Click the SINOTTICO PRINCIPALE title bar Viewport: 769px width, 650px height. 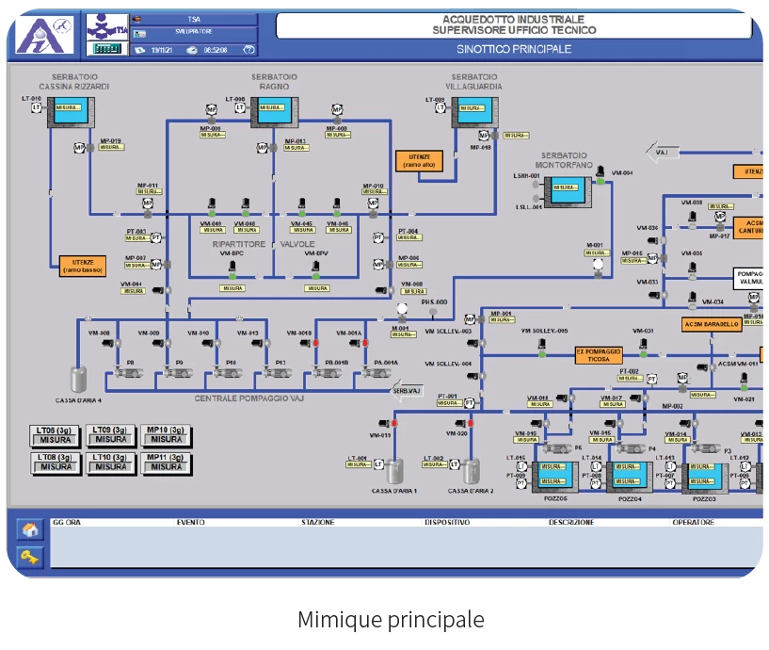click(x=514, y=49)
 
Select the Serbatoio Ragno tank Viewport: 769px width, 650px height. click(x=274, y=111)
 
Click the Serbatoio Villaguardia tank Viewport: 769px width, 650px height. click(x=473, y=111)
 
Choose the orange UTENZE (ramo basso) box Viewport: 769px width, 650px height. click(x=85, y=265)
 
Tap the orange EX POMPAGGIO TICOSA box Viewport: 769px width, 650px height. click(x=600, y=355)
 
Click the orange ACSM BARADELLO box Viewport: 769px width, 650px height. click(x=712, y=325)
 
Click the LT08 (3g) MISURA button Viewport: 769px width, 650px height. click(x=56, y=462)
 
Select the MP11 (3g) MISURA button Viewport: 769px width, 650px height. click(x=167, y=462)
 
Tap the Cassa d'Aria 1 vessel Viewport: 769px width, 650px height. click(x=395, y=470)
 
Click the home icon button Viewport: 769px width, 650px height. click(x=29, y=529)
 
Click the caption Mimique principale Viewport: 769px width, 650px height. click(x=391, y=620)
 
